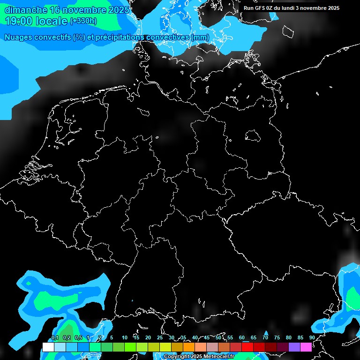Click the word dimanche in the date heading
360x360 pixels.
coord(23,9)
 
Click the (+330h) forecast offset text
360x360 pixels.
coord(83,21)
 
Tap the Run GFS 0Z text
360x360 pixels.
coord(257,8)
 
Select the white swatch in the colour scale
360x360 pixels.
coord(48,347)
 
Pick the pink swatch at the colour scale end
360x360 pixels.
coord(306,347)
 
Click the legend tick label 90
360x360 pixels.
coord(312,337)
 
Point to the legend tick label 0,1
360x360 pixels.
coord(54,337)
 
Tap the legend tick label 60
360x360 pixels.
coord(241,337)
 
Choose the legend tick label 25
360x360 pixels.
coord(159,337)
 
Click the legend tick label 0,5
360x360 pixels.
coord(78,337)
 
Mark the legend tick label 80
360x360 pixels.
coord(288,337)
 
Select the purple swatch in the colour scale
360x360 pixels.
coord(294,347)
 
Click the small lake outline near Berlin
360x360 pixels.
coord(252,135)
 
